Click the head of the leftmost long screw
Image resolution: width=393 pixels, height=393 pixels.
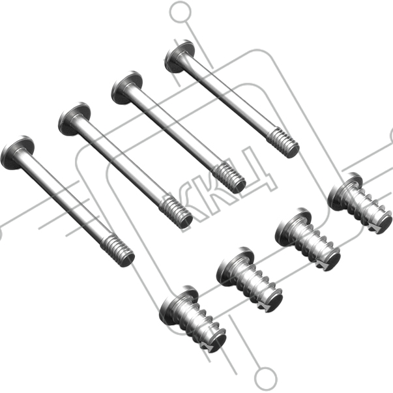click(17, 153)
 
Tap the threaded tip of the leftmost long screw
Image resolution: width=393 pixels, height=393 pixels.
click(118, 250)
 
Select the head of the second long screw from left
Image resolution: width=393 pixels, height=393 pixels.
click(74, 119)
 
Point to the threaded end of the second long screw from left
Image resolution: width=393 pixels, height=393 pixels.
click(176, 212)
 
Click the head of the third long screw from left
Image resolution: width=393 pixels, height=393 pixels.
click(126, 87)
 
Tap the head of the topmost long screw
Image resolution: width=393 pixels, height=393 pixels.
click(179, 56)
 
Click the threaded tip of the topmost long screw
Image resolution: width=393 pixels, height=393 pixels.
click(284, 143)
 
